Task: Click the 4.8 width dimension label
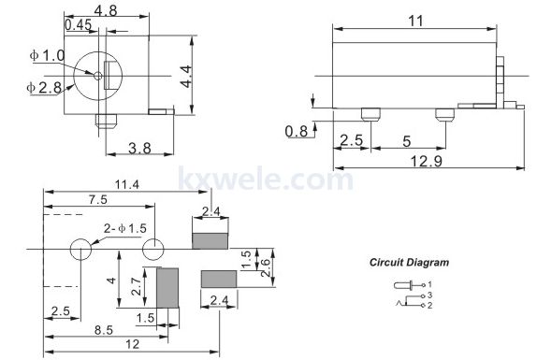pyautogui.click(x=106, y=10)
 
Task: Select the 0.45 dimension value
pyautogui.click(x=79, y=25)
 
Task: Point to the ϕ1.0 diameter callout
pyautogui.click(x=48, y=55)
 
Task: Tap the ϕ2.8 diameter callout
pyautogui.click(x=44, y=88)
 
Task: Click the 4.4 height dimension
pyautogui.click(x=186, y=77)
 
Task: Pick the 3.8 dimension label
pyautogui.click(x=139, y=148)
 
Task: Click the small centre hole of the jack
pyautogui.click(x=97, y=76)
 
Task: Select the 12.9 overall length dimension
pyautogui.click(x=427, y=161)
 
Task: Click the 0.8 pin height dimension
pyautogui.click(x=297, y=132)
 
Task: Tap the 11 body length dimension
pyautogui.click(x=415, y=22)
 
